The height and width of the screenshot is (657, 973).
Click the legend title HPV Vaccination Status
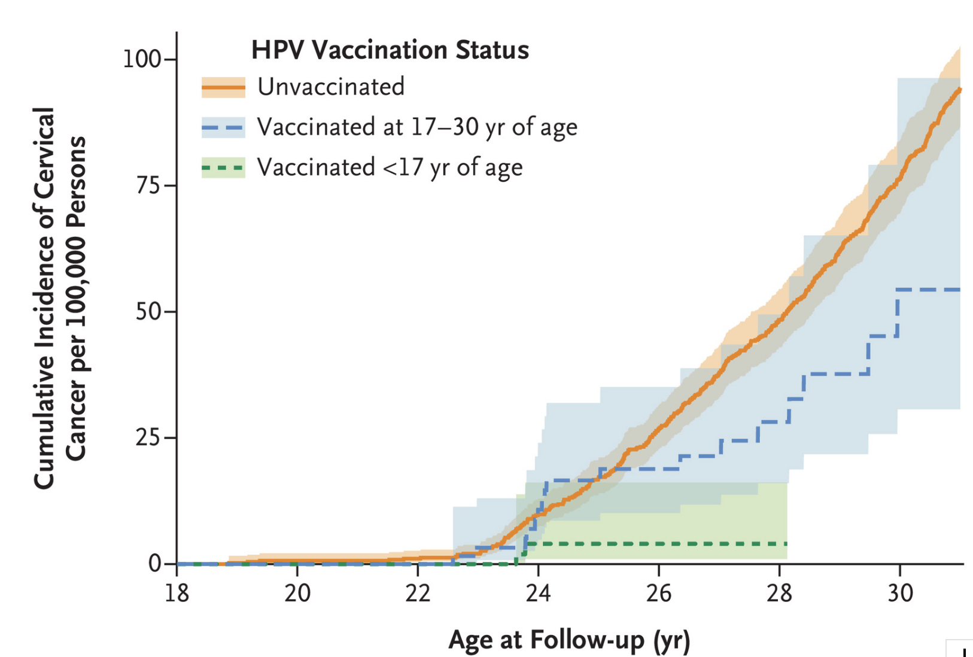click(390, 50)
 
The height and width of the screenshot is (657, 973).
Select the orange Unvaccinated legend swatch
click(223, 87)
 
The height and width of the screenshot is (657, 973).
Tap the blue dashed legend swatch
click(223, 127)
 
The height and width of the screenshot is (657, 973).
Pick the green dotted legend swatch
click(223, 168)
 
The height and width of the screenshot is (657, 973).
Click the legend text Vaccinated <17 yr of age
click(390, 168)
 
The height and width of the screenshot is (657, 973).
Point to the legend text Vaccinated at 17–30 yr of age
click(417, 127)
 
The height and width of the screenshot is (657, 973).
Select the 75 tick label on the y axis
click(148, 185)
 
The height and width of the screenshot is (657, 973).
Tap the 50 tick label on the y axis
click(148, 312)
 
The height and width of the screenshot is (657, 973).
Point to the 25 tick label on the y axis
click(148, 438)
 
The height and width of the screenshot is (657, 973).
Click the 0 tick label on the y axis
click(155, 564)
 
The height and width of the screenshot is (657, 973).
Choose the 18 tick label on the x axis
click(177, 593)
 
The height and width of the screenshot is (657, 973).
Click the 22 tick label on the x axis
click(418, 593)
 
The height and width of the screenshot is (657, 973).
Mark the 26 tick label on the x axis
click(659, 593)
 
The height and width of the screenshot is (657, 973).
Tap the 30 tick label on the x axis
click(900, 593)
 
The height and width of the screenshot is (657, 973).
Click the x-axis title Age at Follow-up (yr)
click(569, 640)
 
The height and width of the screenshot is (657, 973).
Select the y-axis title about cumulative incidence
click(60, 298)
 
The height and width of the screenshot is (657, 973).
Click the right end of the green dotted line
click(786, 543)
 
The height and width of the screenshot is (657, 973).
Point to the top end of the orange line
click(959, 89)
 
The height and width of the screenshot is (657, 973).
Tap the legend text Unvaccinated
click(331, 87)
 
